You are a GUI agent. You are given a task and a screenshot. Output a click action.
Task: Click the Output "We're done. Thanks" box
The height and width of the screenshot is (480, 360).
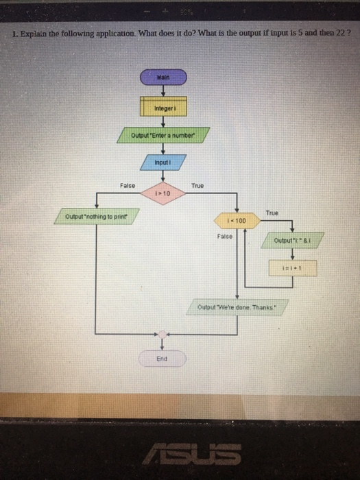click(x=236, y=307)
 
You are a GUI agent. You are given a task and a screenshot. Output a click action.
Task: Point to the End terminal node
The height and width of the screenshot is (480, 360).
click(x=162, y=358)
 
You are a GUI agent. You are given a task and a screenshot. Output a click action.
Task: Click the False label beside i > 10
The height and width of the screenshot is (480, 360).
click(x=128, y=185)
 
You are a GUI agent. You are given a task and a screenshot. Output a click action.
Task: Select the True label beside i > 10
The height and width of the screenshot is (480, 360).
click(x=197, y=185)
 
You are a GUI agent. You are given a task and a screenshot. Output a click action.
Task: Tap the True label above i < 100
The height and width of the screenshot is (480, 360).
click(x=272, y=213)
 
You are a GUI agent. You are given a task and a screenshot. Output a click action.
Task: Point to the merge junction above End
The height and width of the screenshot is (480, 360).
click(x=162, y=335)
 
